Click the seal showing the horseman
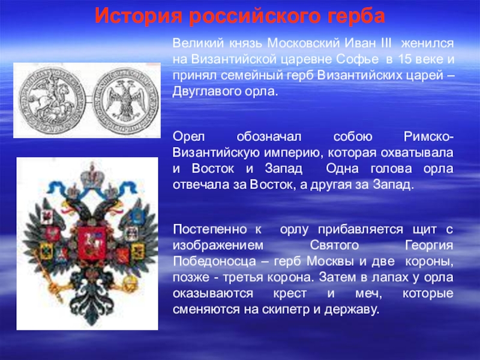click(x=52, y=97)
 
